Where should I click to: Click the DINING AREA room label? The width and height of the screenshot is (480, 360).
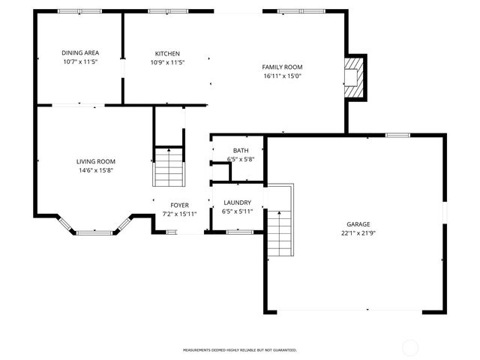click(80, 52)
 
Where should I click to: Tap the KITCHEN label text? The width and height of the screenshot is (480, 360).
click(167, 53)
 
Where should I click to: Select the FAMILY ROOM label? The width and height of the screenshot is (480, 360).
click(282, 67)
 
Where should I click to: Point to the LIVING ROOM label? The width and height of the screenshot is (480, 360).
click(95, 161)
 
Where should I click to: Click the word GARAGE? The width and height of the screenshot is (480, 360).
click(358, 224)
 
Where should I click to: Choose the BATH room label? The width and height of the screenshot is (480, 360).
click(240, 151)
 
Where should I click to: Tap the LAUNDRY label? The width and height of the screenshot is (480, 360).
click(237, 202)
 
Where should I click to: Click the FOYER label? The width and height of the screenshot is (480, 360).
click(179, 205)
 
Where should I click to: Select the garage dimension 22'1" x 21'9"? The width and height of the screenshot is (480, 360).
click(358, 233)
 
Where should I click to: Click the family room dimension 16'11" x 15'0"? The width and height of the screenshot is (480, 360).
click(282, 76)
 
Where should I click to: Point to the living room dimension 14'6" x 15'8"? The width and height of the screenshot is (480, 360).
click(95, 170)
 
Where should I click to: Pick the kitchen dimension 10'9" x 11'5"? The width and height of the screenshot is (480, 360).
click(167, 62)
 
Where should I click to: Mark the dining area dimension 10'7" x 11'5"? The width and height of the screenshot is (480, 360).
click(80, 61)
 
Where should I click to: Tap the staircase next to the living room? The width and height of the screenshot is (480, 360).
click(169, 167)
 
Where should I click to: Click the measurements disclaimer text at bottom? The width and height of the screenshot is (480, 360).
click(240, 349)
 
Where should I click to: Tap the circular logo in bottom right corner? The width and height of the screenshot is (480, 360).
click(411, 346)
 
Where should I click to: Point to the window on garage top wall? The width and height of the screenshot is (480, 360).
click(397, 135)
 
